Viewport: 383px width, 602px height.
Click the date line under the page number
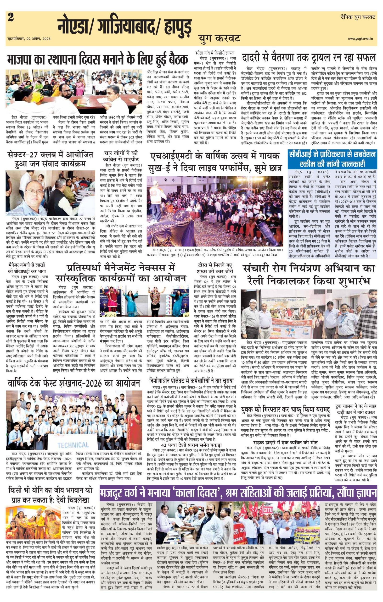29,39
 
